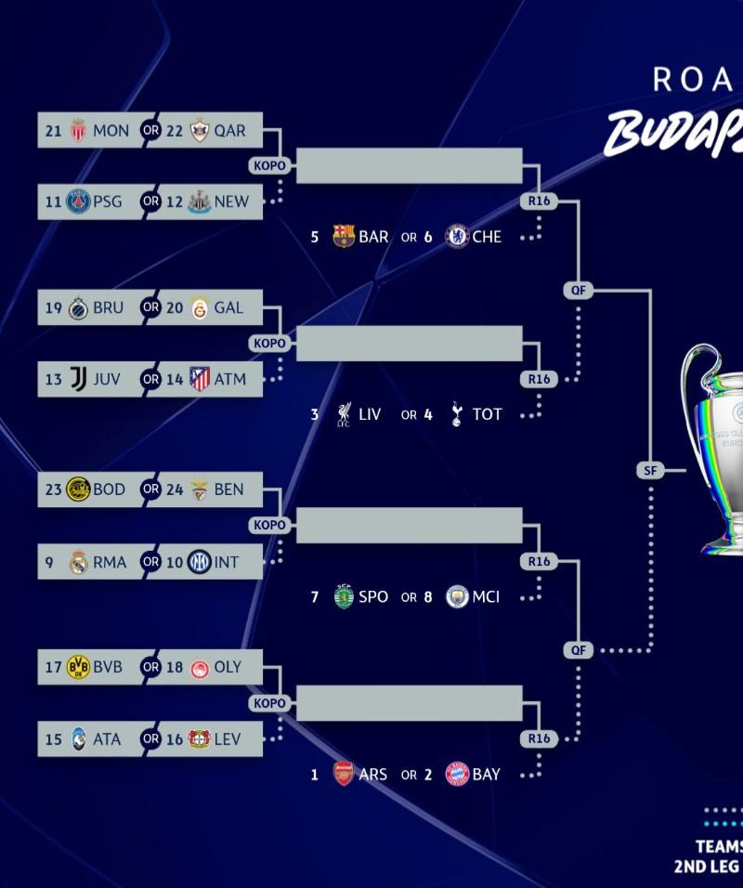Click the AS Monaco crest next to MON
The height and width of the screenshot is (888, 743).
(x=78, y=130)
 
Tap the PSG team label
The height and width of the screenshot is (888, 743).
(x=107, y=202)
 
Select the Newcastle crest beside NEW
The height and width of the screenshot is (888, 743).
(x=199, y=202)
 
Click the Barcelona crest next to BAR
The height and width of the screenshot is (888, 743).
(x=344, y=237)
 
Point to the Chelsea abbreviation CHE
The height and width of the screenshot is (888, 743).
(x=487, y=237)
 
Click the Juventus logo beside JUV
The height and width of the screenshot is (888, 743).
(x=78, y=379)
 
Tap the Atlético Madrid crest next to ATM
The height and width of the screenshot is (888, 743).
(x=199, y=379)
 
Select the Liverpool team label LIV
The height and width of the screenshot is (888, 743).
(x=370, y=414)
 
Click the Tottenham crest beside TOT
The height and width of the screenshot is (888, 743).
(x=456, y=414)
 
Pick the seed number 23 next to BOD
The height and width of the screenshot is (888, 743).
(x=53, y=490)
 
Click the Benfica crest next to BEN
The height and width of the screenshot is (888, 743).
(x=199, y=490)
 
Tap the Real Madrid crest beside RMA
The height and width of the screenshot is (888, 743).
(x=78, y=562)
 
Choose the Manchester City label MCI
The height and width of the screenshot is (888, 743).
(x=486, y=596)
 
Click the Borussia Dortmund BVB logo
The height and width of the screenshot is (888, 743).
(x=78, y=667)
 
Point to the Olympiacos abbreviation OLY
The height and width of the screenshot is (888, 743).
(x=228, y=667)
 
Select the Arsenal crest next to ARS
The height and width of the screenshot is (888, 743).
(x=344, y=774)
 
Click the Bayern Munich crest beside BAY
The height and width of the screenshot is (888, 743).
(x=456, y=774)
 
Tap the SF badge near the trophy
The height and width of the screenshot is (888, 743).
(x=650, y=470)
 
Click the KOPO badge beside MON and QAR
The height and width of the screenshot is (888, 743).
(x=269, y=166)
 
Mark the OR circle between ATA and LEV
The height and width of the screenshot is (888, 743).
(x=150, y=739)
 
